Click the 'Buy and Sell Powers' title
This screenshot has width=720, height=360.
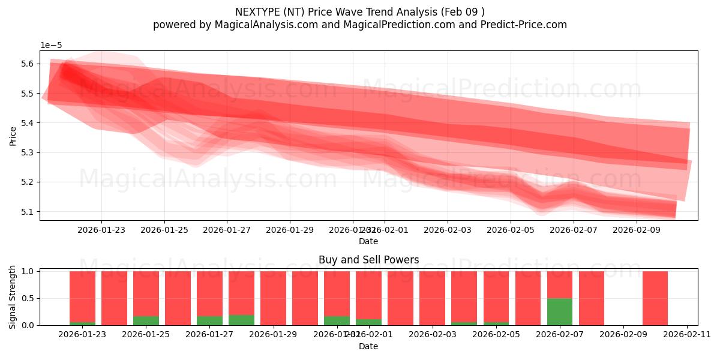point(368,260)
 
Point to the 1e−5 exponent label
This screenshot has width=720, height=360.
point(51,45)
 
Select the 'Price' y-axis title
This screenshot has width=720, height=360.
point(13,136)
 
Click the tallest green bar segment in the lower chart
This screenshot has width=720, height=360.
point(559,311)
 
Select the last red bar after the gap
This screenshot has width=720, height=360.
point(655,298)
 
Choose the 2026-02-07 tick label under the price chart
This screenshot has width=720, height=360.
point(574,229)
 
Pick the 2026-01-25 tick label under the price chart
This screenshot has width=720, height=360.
point(164,229)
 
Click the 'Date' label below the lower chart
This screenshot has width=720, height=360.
point(368,346)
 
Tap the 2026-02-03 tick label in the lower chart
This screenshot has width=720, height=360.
point(432,335)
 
